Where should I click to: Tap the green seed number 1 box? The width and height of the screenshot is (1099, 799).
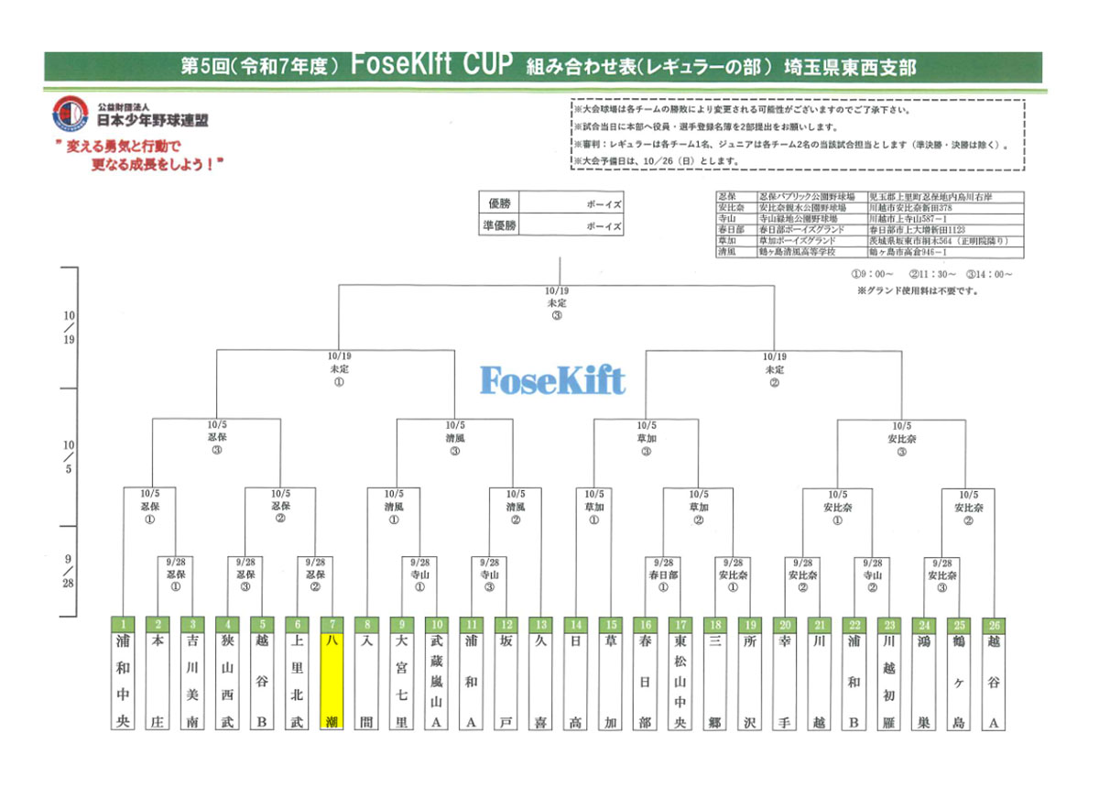click(x=122, y=624)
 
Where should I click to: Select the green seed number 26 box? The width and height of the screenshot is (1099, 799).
click(x=993, y=624)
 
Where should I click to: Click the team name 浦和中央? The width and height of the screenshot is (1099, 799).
click(x=122, y=682)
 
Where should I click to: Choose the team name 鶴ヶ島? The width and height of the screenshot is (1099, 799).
click(x=958, y=682)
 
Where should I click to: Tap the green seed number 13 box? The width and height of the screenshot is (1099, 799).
click(x=540, y=624)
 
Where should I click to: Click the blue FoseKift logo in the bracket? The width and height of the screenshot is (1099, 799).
click(x=552, y=380)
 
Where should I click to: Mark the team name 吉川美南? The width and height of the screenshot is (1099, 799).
click(x=191, y=682)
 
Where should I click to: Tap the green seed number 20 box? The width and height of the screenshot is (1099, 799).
click(x=783, y=624)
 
